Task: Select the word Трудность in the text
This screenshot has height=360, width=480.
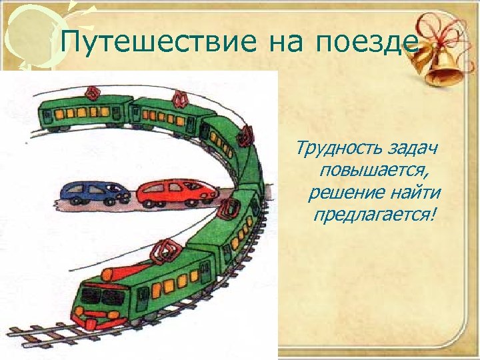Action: point(330,147)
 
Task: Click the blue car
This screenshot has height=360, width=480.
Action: point(93,191)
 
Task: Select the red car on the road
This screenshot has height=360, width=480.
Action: point(176,192)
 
